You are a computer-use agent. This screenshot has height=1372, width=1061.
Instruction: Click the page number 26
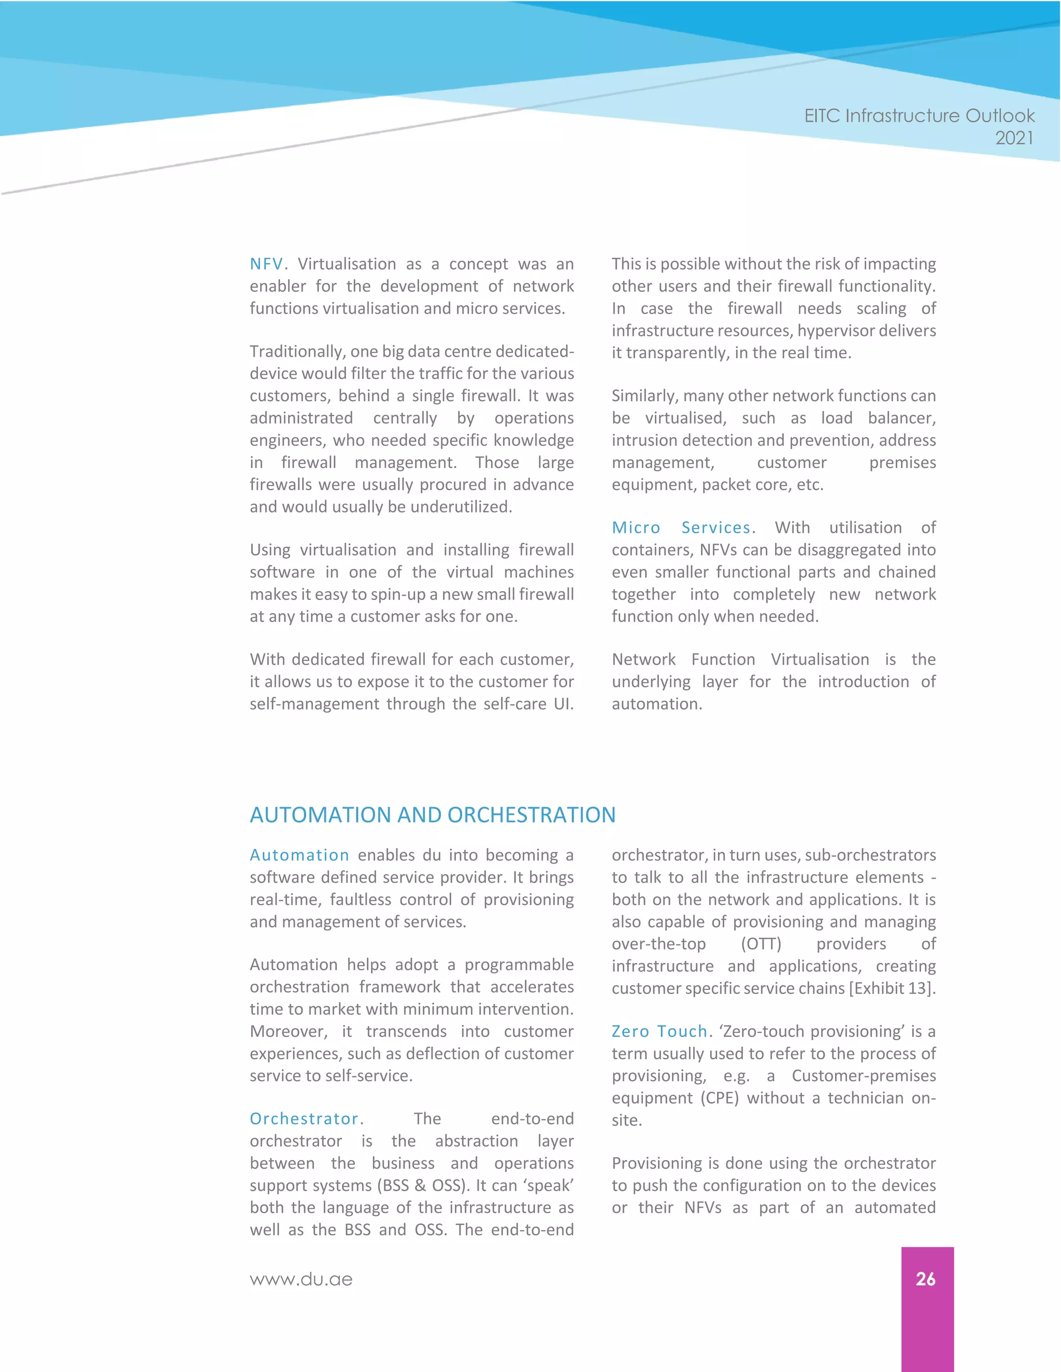tap(925, 1279)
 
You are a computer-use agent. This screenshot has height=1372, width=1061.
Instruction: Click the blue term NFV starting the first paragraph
tap(266, 264)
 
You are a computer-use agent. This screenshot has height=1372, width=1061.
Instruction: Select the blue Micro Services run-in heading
tap(681, 528)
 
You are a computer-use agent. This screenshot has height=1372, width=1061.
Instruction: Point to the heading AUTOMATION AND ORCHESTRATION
tap(433, 815)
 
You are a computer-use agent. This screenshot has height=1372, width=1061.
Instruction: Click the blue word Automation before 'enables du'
tap(299, 855)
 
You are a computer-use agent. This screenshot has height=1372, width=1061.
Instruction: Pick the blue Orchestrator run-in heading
tap(304, 1119)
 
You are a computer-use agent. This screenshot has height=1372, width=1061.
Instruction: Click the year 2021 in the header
tap(1014, 138)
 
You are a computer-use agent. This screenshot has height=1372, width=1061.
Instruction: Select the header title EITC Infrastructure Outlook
tap(919, 116)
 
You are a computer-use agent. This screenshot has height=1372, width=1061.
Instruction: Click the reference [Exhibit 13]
tap(892, 988)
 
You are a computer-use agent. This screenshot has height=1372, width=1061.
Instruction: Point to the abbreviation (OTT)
tap(761, 944)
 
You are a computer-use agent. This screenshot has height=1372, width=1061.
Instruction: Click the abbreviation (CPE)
tap(720, 1098)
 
